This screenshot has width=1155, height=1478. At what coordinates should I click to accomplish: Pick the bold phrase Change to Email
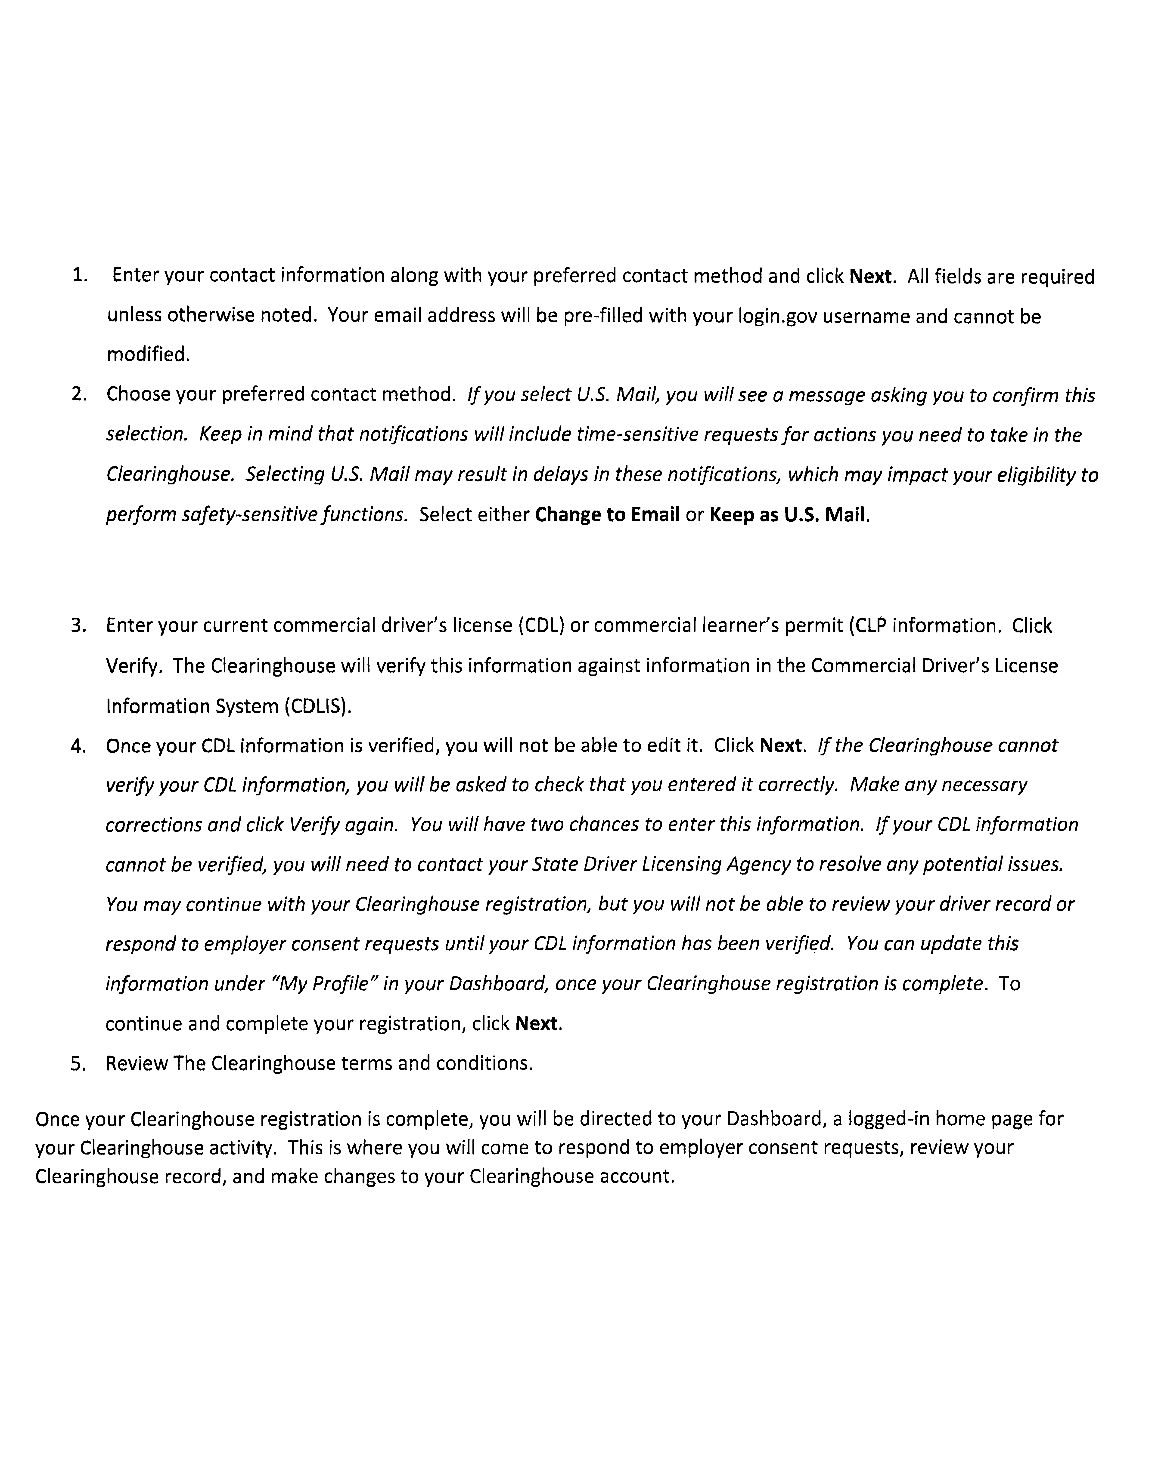[607, 515]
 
